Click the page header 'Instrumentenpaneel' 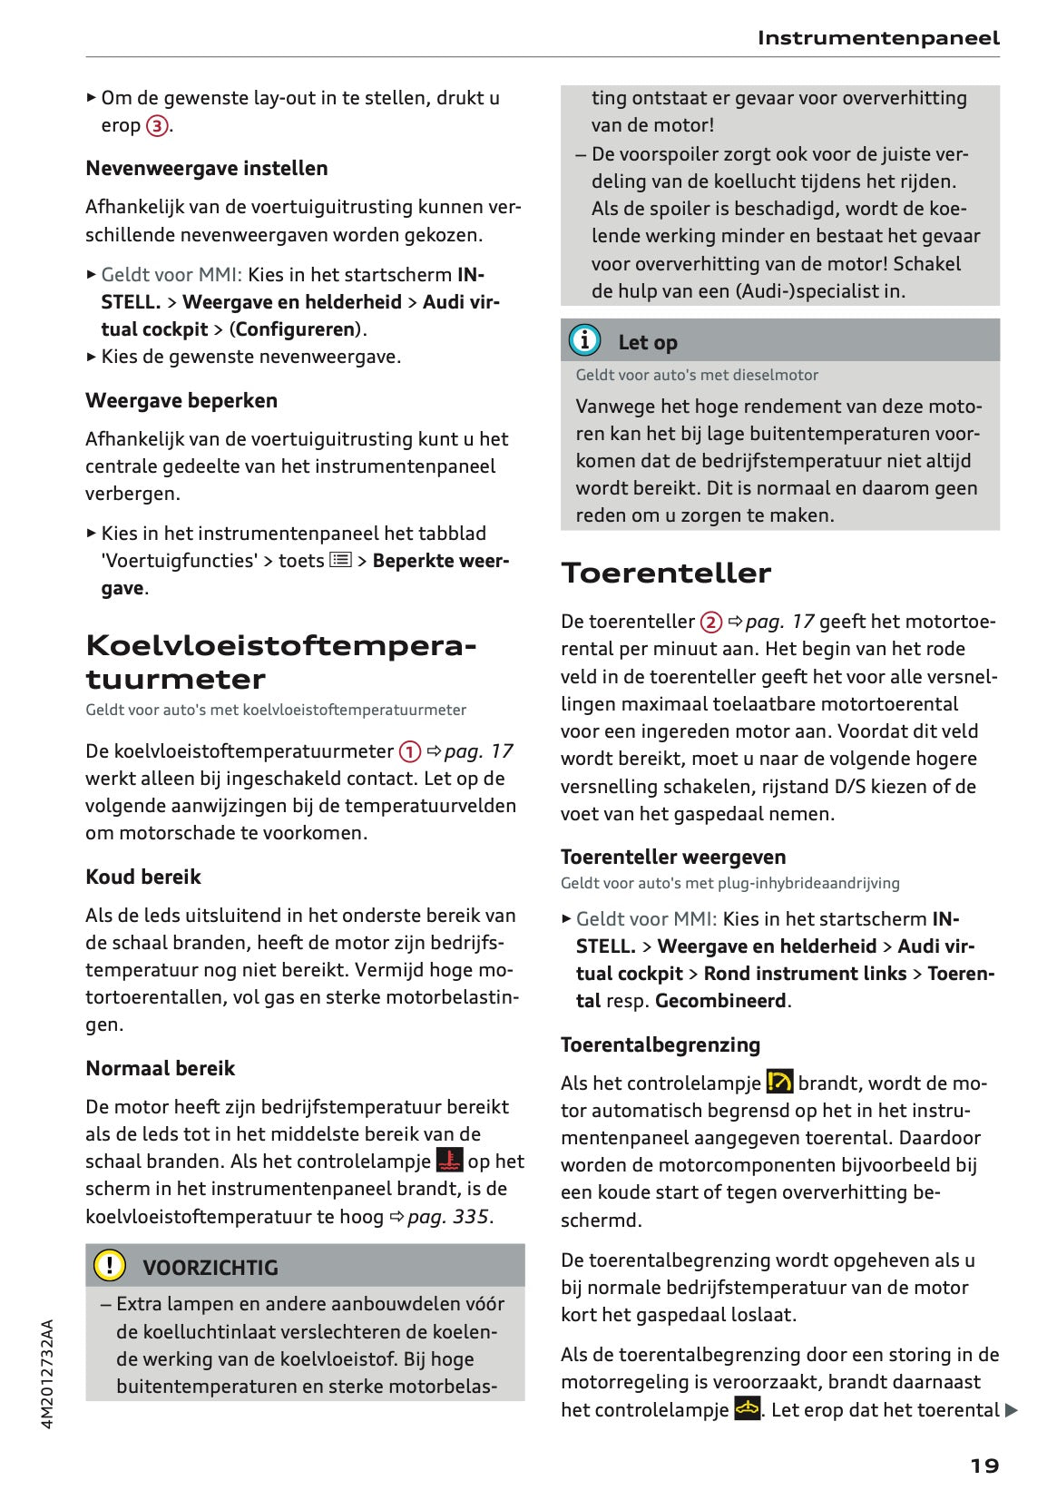click(x=877, y=38)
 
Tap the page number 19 click(x=984, y=1466)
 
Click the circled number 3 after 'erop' click(x=157, y=126)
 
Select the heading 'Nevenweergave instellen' click(x=207, y=169)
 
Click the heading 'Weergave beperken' click(x=181, y=401)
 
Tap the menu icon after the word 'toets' click(x=341, y=561)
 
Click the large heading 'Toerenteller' click(x=666, y=574)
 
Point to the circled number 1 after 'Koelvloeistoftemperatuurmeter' click(x=410, y=752)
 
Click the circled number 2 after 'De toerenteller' click(x=710, y=623)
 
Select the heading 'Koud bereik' click(x=143, y=877)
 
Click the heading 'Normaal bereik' click(x=160, y=1069)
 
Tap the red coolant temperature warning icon click(x=449, y=1161)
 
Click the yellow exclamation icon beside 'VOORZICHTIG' click(x=110, y=1265)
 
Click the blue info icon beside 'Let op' click(x=584, y=340)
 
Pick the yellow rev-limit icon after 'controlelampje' click(x=779, y=1082)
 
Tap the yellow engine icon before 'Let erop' click(x=747, y=1409)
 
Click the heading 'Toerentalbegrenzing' click(x=660, y=1045)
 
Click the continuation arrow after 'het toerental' click(x=1012, y=1411)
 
